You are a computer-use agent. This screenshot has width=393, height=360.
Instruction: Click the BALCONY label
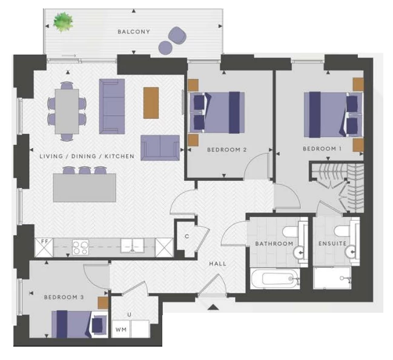(x=134, y=32)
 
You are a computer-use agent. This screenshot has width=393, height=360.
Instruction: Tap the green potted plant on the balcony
(x=63, y=22)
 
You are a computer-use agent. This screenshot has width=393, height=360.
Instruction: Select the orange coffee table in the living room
(x=151, y=103)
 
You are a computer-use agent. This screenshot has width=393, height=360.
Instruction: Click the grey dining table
(x=67, y=112)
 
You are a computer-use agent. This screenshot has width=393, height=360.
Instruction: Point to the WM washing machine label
(x=121, y=330)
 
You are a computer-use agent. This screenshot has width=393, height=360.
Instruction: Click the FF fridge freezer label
(x=45, y=241)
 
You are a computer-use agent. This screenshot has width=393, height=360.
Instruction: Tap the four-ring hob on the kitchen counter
(x=81, y=247)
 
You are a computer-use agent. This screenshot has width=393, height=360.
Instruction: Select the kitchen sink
(x=132, y=245)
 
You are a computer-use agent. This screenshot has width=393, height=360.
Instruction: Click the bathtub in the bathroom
(x=275, y=278)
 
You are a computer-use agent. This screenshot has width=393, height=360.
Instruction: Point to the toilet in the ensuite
(x=342, y=231)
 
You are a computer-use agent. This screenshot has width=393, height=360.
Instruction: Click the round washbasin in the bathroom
(x=298, y=252)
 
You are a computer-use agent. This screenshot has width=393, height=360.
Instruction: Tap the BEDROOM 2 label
(x=227, y=150)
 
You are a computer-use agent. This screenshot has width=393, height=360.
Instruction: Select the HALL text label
(x=217, y=264)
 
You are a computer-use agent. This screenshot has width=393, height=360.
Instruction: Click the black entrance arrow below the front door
(x=213, y=307)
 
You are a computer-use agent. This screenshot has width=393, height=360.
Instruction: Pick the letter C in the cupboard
(x=187, y=236)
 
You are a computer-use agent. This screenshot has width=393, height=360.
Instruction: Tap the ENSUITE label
(x=332, y=244)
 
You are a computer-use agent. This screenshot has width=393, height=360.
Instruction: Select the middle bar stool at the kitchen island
(x=84, y=170)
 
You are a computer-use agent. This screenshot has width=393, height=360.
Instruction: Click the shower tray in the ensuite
(x=332, y=278)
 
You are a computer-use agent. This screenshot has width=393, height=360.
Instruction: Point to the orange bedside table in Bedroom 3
(x=103, y=303)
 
